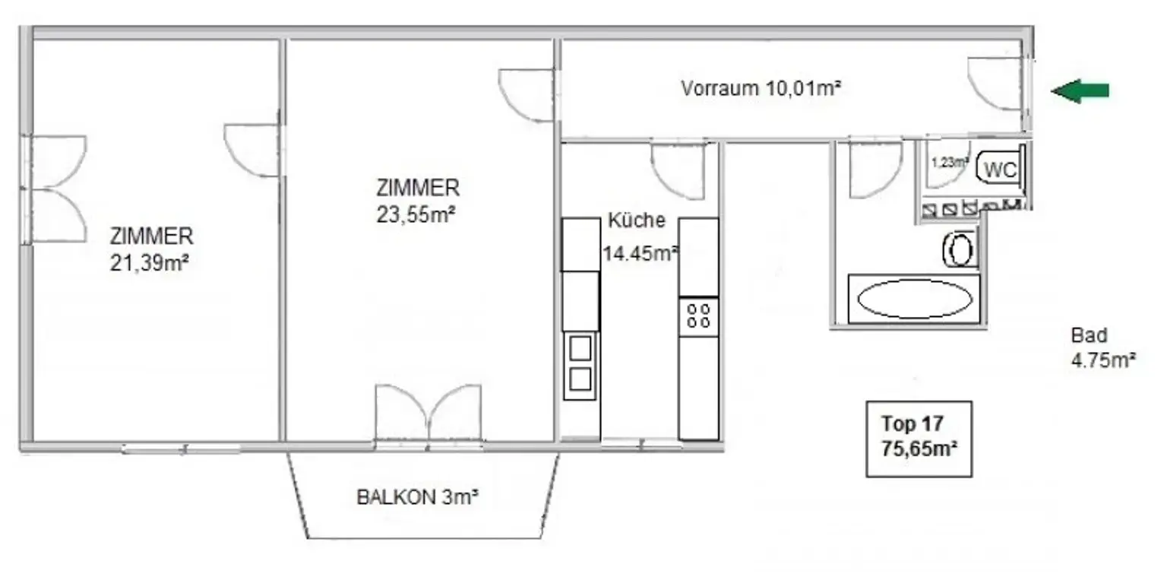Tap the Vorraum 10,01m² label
(760, 88)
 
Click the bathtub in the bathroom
(914, 300)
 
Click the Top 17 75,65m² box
(919, 439)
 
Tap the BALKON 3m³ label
(417, 498)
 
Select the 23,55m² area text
(416, 214)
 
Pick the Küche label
(637, 221)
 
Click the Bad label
(1089, 335)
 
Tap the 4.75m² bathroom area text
(1102, 360)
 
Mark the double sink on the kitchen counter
(580, 363)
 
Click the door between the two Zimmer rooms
(252, 150)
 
